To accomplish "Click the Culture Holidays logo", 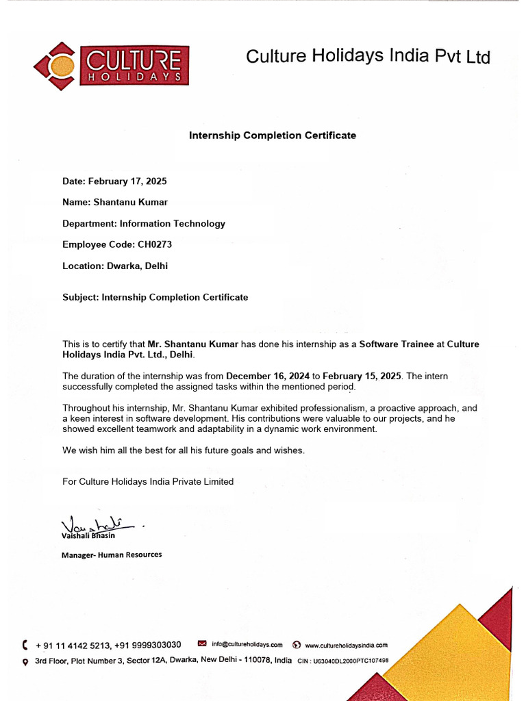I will tap(111, 66).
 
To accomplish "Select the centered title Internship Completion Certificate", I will tap(273, 136).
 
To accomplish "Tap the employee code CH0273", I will tap(155, 244).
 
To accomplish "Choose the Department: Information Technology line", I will tap(144, 223).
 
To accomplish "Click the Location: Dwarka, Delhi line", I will tap(115, 266).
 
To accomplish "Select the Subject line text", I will tap(155, 297).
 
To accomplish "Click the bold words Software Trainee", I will tap(397, 344).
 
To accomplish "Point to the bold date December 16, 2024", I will tap(268, 376).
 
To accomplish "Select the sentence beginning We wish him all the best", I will tap(184, 450).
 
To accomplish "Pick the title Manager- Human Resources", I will tap(112, 555).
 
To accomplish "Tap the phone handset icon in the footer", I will tap(25, 644).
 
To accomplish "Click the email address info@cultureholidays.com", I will tap(247, 644).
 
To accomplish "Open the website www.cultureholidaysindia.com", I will tap(346, 645).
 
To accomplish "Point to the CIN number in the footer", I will tap(343, 661).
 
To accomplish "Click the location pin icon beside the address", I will tap(25, 661).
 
